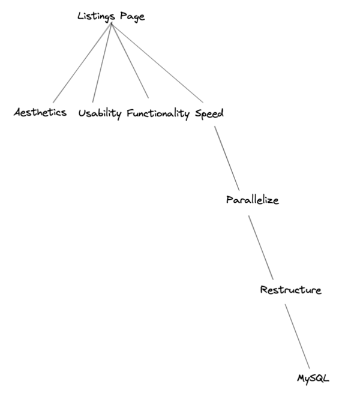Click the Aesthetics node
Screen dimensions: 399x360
[x=40, y=113]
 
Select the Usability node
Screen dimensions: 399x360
[x=100, y=113]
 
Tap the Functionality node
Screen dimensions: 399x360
[x=158, y=114]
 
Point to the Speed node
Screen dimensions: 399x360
[x=209, y=114]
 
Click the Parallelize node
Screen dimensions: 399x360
[x=252, y=200]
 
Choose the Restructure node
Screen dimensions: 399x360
[x=290, y=290]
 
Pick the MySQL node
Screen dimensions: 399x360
[x=313, y=378]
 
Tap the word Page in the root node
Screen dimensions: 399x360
[x=131, y=17]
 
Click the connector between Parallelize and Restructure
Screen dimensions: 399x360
[x=261, y=246]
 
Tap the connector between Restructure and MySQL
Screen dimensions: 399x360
[x=297, y=336]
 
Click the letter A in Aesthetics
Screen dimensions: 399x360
[x=17, y=113]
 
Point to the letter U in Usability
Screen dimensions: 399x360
[x=82, y=113]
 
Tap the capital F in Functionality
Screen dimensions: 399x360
[x=130, y=113]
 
